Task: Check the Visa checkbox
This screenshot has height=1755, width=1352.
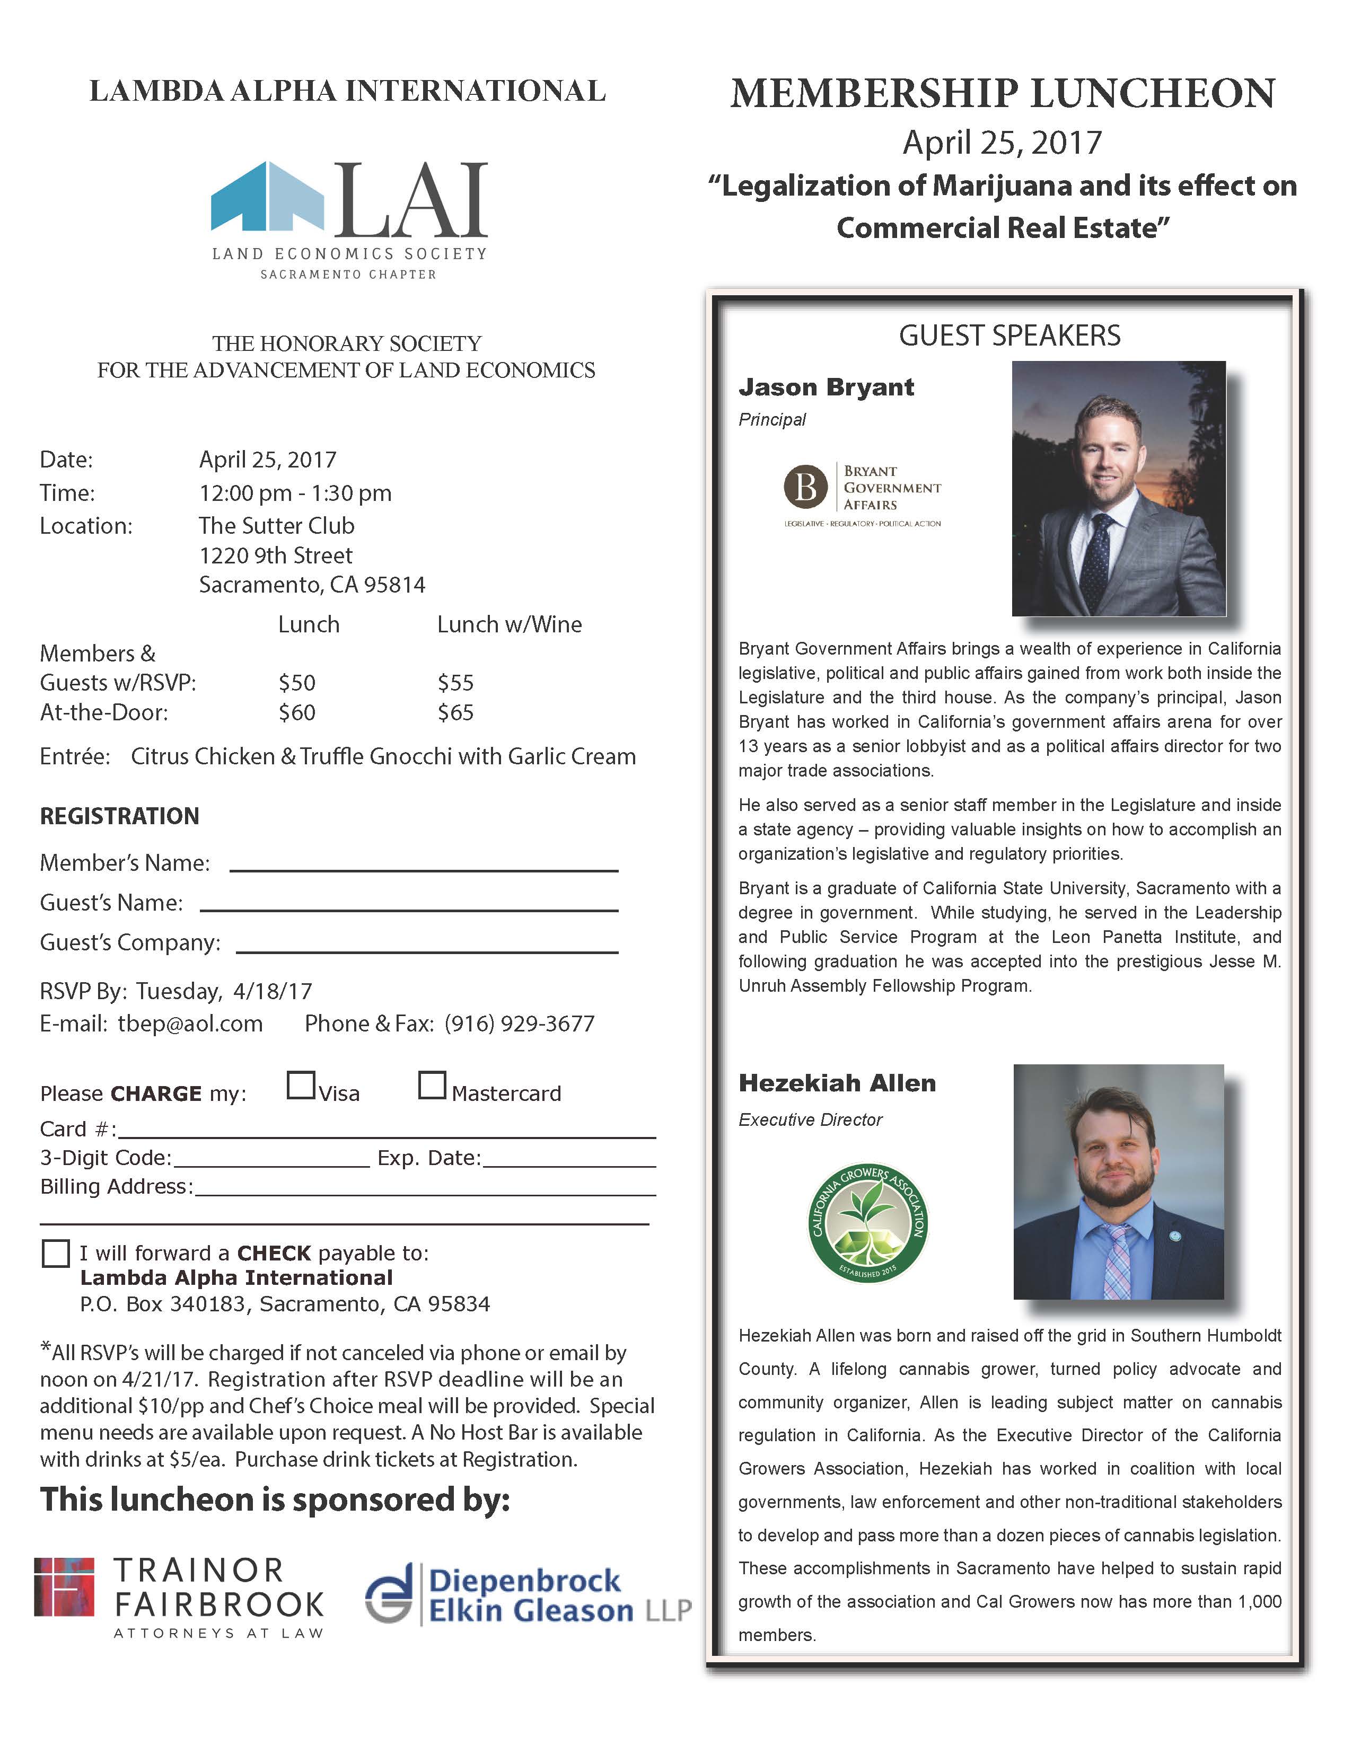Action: click(301, 1085)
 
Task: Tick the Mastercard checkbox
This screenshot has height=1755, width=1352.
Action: click(432, 1085)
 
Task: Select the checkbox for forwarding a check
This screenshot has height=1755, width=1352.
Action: click(56, 1254)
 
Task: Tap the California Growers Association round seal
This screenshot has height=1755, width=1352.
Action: click(867, 1223)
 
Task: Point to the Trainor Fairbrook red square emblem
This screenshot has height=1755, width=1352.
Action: click(64, 1587)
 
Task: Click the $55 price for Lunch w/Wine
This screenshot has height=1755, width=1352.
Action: click(456, 683)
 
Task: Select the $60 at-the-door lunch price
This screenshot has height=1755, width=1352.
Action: click(296, 713)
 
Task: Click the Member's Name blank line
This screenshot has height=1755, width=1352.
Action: click(424, 868)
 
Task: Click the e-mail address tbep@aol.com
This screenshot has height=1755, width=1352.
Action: click(190, 1024)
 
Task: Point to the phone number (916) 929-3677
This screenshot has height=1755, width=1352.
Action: click(519, 1024)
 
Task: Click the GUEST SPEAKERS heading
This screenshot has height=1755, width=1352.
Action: click(1009, 335)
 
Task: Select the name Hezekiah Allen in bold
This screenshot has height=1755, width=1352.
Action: click(837, 1083)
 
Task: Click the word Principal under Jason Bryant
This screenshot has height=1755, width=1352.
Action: click(771, 419)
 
